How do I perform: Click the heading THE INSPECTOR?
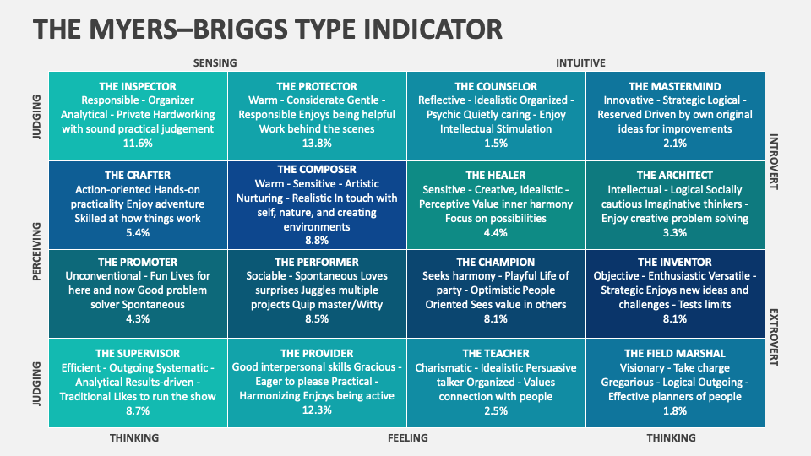pyautogui.click(x=138, y=86)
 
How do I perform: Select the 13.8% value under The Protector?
pyautogui.click(x=317, y=144)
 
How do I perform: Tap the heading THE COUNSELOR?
pyautogui.click(x=496, y=86)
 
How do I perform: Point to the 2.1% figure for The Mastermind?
pyautogui.click(x=675, y=144)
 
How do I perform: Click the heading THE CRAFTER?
pyautogui.click(x=138, y=176)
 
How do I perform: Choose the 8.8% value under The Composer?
pyautogui.click(x=317, y=241)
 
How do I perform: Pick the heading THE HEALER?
pyautogui.click(x=496, y=176)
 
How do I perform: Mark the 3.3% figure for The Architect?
pyautogui.click(x=675, y=233)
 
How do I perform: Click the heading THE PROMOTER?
pyautogui.click(x=138, y=262)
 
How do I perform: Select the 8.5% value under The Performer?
pyautogui.click(x=317, y=319)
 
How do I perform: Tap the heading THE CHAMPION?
pyautogui.click(x=496, y=262)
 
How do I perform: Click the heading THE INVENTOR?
pyautogui.click(x=675, y=262)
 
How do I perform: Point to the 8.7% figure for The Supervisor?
pyautogui.click(x=138, y=410)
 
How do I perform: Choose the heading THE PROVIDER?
pyautogui.click(x=317, y=353)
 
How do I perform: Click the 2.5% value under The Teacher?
pyautogui.click(x=496, y=410)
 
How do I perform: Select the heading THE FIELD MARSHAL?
pyautogui.click(x=675, y=353)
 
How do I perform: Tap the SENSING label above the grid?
pyautogui.click(x=215, y=62)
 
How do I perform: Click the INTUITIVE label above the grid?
pyautogui.click(x=580, y=62)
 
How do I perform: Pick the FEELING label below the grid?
pyautogui.click(x=407, y=437)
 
